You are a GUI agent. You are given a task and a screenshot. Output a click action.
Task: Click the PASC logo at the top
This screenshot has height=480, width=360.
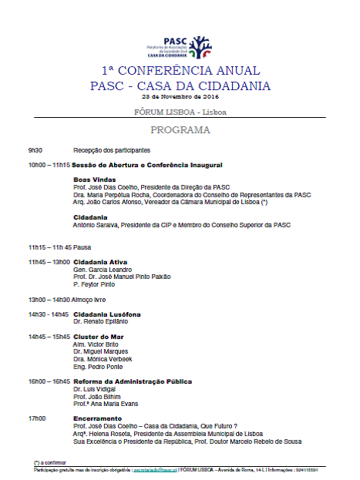(180, 47)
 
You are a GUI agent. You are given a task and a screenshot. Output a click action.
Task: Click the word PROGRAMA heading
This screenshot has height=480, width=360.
(180, 130)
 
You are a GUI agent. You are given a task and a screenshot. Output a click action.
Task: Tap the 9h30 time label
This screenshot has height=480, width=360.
(35, 150)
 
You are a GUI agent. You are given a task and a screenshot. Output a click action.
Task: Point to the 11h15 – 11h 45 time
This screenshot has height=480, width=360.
(49, 247)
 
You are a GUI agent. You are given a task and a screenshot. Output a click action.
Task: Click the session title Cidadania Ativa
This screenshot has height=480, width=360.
(100, 262)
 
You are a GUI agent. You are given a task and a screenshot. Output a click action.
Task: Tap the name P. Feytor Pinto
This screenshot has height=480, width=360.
(95, 284)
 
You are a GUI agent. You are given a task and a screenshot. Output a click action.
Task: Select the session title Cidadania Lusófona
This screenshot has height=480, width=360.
(106, 314)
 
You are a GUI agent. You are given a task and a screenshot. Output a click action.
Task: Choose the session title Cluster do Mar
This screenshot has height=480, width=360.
(99, 337)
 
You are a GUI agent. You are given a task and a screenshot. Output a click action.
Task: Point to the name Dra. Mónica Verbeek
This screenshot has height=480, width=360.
(103, 359)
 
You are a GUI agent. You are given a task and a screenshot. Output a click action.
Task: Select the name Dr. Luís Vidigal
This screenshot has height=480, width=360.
(93, 389)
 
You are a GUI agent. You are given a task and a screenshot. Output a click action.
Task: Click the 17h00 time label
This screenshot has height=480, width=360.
(36, 418)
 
